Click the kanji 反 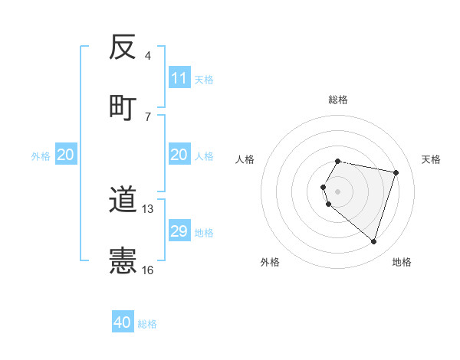pyautogui.click(x=122, y=48)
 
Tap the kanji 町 pyautogui.click(x=122, y=106)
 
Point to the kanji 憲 pyautogui.click(x=122, y=260)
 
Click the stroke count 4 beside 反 pyautogui.click(x=147, y=56)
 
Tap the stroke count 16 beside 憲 pyautogui.click(x=148, y=269)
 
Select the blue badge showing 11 pyautogui.click(x=179, y=78)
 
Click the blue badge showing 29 pyautogui.click(x=179, y=231)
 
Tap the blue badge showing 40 pyautogui.click(x=123, y=322)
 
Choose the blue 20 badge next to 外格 pyautogui.click(x=66, y=155)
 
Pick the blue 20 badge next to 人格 pyautogui.click(x=179, y=155)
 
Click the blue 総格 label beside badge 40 pyautogui.click(x=148, y=324)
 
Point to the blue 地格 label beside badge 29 pyautogui.click(x=205, y=232)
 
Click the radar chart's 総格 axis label pyautogui.click(x=337, y=100)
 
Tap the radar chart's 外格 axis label pyautogui.click(x=270, y=262)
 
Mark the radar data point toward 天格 pyautogui.click(x=396, y=172)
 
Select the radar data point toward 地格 pyautogui.click(x=373, y=241)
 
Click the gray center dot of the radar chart pyautogui.click(x=337, y=191)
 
